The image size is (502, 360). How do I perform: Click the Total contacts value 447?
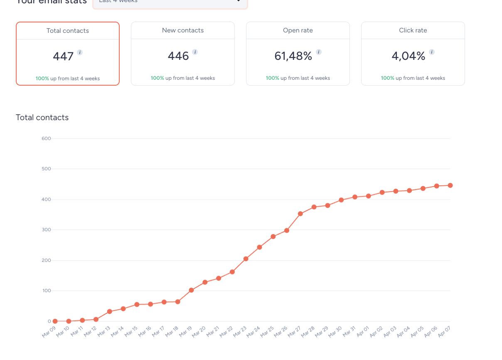[63, 56]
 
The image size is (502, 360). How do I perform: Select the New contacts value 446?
[178, 56]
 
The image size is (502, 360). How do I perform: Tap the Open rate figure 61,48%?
[293, 56]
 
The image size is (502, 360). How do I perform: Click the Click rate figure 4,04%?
[408, 56]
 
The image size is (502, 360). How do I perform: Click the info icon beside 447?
[80, 52]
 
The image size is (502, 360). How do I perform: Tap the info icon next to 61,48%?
[319, 52]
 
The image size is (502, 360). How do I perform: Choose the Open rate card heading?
[298, 30]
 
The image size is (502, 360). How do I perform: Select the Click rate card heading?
[413, 30]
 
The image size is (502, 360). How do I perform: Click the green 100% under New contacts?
[157, 78]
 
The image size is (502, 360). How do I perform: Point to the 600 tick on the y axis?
[46, 138]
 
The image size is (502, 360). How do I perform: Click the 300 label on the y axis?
[46, 230]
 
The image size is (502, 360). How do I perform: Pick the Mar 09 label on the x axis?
[49, 332]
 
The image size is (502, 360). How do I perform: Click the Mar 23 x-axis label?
[240, 332]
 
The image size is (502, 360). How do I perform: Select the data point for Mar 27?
[300, 214]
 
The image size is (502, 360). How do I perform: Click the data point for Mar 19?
[191, 290]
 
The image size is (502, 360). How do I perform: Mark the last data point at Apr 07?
[450, 185]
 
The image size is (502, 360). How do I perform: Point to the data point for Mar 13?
[110, 311]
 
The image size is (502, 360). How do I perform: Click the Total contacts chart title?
[42, 118]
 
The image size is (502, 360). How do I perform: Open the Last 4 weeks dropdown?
[170, 2]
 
